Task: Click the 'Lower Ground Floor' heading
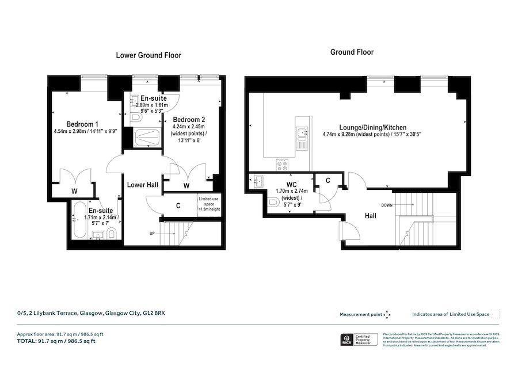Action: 148,56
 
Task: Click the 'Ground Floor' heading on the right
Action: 351,52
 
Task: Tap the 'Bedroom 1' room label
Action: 82,124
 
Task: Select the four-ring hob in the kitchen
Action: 283,165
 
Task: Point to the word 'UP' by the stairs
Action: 152,233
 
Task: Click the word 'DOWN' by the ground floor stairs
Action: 386,205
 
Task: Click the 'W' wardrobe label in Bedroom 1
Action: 74,191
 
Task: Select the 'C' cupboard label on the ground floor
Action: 327,181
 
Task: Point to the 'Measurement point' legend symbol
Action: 387,314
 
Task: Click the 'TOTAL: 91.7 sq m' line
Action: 56,341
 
